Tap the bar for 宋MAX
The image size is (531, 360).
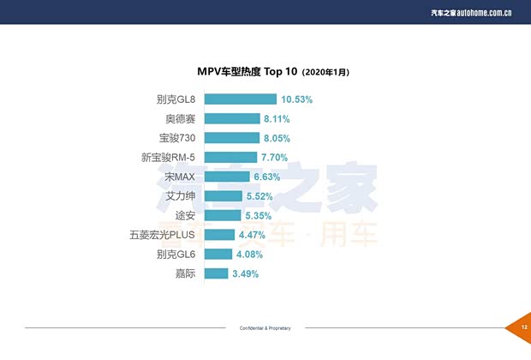(227, 177)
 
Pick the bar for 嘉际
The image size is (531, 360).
(217, 273)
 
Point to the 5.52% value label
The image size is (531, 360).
(260, 196)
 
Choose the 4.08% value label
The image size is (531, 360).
(249, 255)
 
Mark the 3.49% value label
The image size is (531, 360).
(245, 274)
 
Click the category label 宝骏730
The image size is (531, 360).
(177, 138)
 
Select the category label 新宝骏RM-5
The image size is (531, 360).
(170, 158)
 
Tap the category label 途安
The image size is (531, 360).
(185, 215)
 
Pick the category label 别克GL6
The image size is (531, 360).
(177, 255)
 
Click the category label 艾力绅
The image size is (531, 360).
(182, 196)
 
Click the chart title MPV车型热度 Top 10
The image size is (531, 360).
(248, 72)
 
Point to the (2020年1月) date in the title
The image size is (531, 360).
(325, 73)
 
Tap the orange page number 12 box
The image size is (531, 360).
(522, 327)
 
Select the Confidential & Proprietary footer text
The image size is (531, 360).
(265, 328)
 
